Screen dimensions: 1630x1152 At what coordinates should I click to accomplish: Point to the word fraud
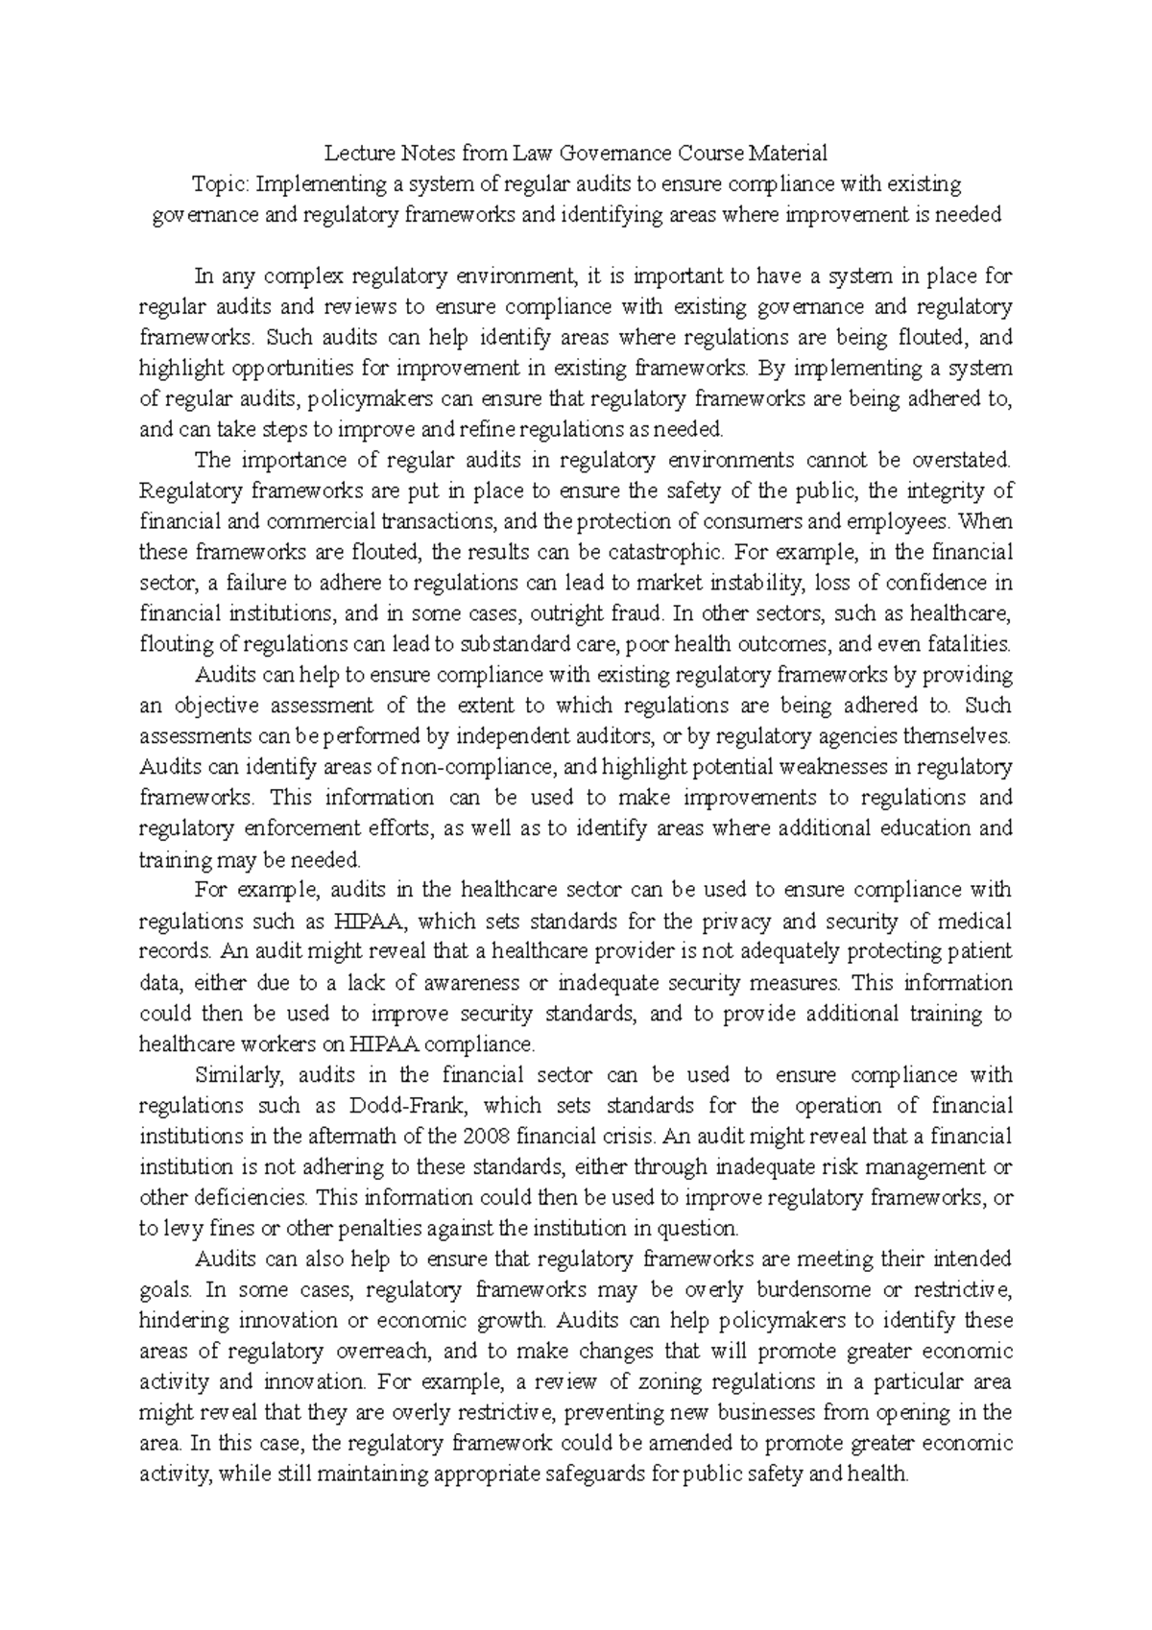635,613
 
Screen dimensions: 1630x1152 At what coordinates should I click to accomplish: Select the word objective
216,706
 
